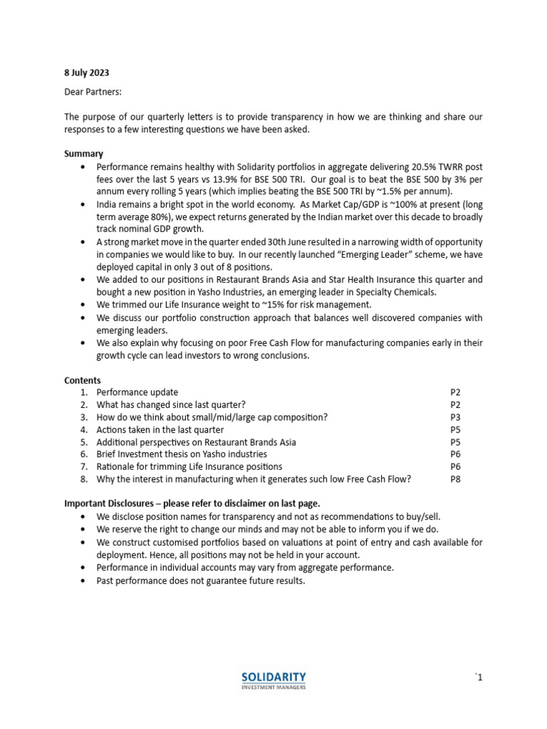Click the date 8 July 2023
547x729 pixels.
87,73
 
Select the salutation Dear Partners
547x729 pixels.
93,91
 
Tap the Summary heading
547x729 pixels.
84,154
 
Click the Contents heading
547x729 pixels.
83,380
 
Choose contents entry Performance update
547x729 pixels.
137,392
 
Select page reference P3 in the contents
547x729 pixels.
456,417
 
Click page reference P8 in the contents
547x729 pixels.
456,479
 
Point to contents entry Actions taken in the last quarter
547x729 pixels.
160,429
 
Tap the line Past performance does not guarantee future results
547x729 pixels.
201,580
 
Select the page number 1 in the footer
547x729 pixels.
479,678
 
